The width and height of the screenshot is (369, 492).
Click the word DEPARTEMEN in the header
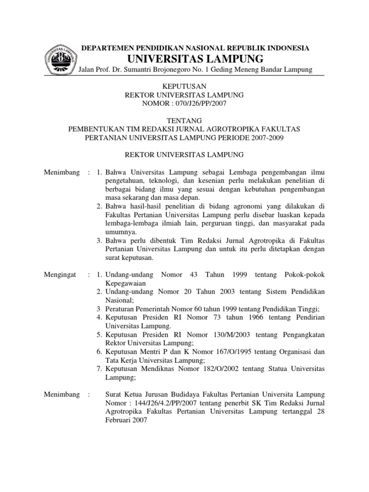click(x=103, y=48)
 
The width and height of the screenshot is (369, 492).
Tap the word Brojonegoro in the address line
click(x=186, y=70)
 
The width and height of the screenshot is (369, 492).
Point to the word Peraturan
click(x=120, y=309)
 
